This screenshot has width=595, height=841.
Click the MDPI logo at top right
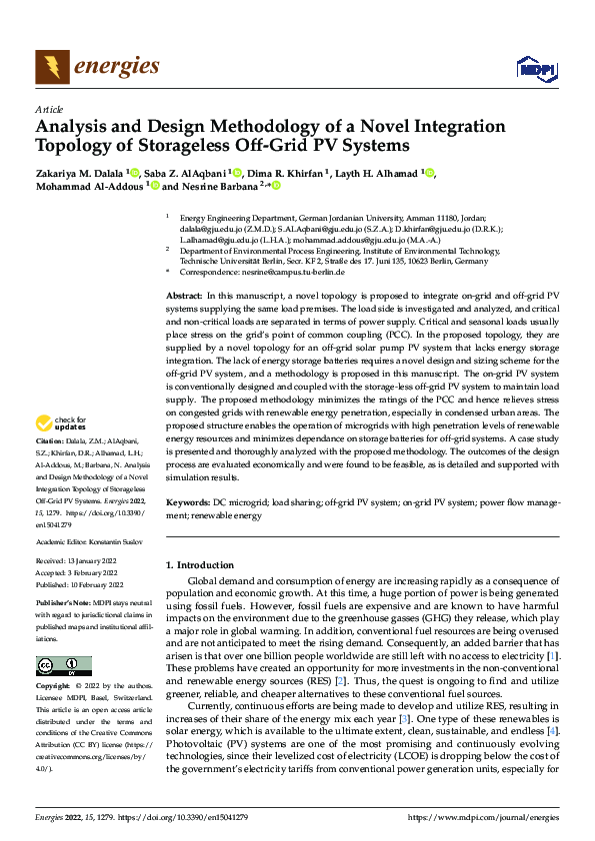pos(535,68)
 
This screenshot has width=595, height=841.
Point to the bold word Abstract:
pos(183,298)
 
